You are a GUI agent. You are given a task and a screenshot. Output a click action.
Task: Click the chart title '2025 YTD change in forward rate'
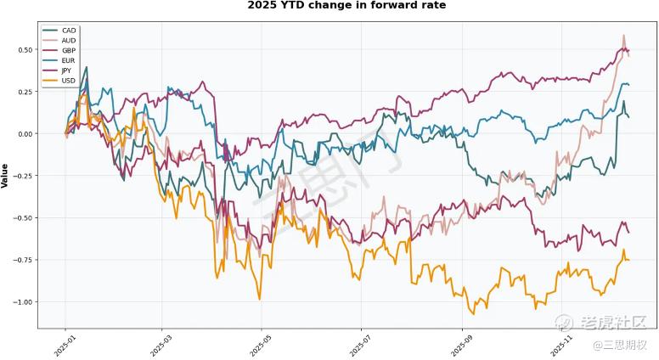pos(346,6)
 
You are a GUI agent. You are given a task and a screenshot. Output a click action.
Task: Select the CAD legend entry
pos(69,31)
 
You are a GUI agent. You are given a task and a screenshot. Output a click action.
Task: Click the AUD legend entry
pos(69,41)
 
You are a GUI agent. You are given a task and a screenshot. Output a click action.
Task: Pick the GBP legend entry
pos(69,51)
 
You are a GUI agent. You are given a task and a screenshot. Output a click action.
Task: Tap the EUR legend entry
pos(69,61)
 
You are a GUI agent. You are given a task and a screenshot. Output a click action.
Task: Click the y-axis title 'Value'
pos(6,175)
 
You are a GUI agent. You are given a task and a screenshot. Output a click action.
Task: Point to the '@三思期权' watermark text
pos(620,345)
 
